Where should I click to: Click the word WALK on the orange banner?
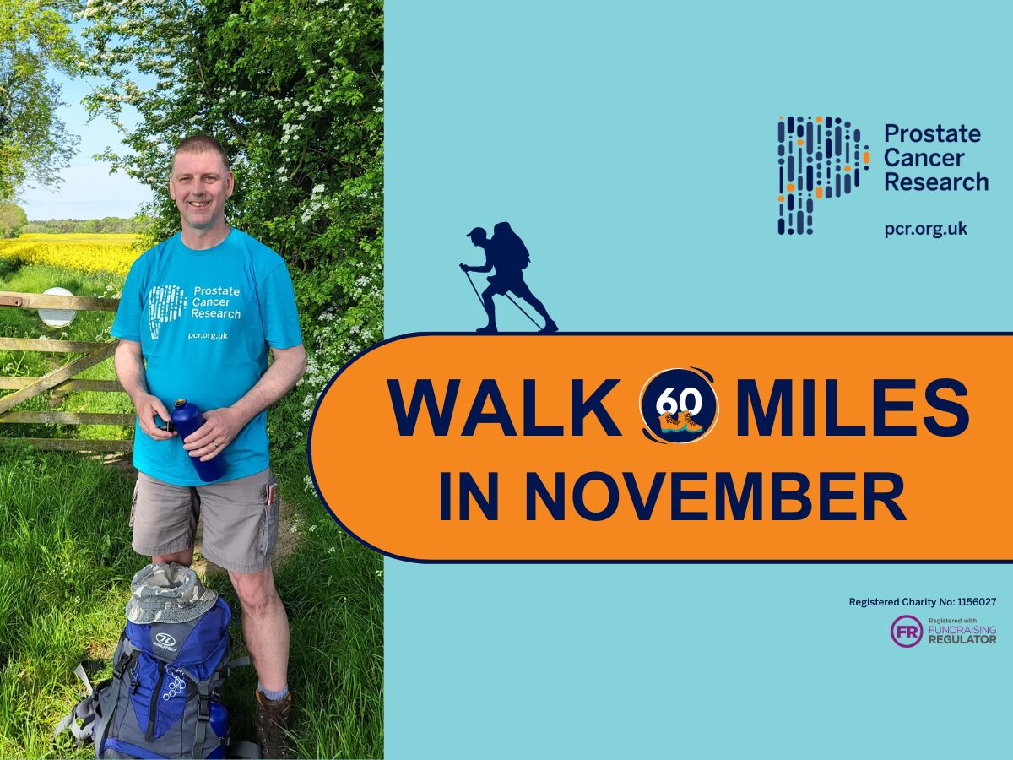[x=505, y=408]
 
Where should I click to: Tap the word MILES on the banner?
[x=852, y=408]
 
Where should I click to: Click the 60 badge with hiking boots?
[x=679, y=406]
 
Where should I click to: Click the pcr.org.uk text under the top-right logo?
[x=926, y=230]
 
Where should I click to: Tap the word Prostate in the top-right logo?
[x=932, y=134]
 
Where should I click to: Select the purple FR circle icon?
[x=907, y=632]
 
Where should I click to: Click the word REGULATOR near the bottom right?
[x=962, y=640]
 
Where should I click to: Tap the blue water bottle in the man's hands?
[x=195, y=440]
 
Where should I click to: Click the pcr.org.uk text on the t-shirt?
[x=208, y=335]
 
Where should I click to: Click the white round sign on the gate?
[x=57, y=307]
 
